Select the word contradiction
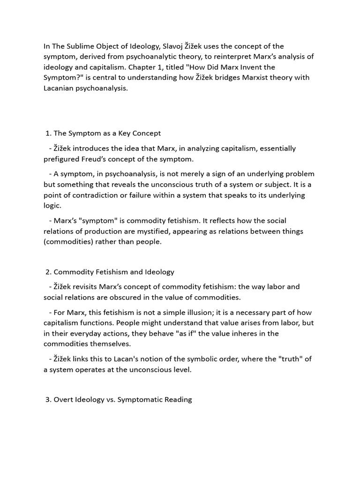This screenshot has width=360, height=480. pyautogui.click(x=98, y=195)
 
